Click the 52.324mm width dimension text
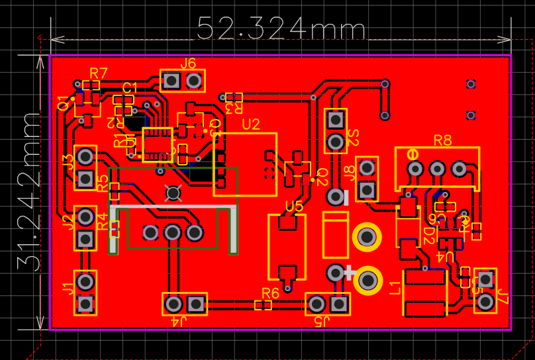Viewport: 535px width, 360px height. click(x=281, y=29)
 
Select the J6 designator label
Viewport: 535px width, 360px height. click(x=188, y=64)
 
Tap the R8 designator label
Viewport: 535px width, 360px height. click(x=442, y=140)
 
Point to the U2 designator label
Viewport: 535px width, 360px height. click(x=251, y=124)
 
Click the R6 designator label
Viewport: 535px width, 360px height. click(x=270, y=293)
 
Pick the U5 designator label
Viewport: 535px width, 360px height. click(x=294, y=206)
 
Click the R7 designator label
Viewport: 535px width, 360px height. click(x=99, y=73)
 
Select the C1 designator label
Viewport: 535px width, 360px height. click(x=130, y=88)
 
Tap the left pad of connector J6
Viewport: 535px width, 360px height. click(x=171, y=81)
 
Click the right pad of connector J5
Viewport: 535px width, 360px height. click(x=340, y=304)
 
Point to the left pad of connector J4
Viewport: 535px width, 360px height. click(x=173, y=304)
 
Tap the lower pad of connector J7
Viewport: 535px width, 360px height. click(x=486, y=301)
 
